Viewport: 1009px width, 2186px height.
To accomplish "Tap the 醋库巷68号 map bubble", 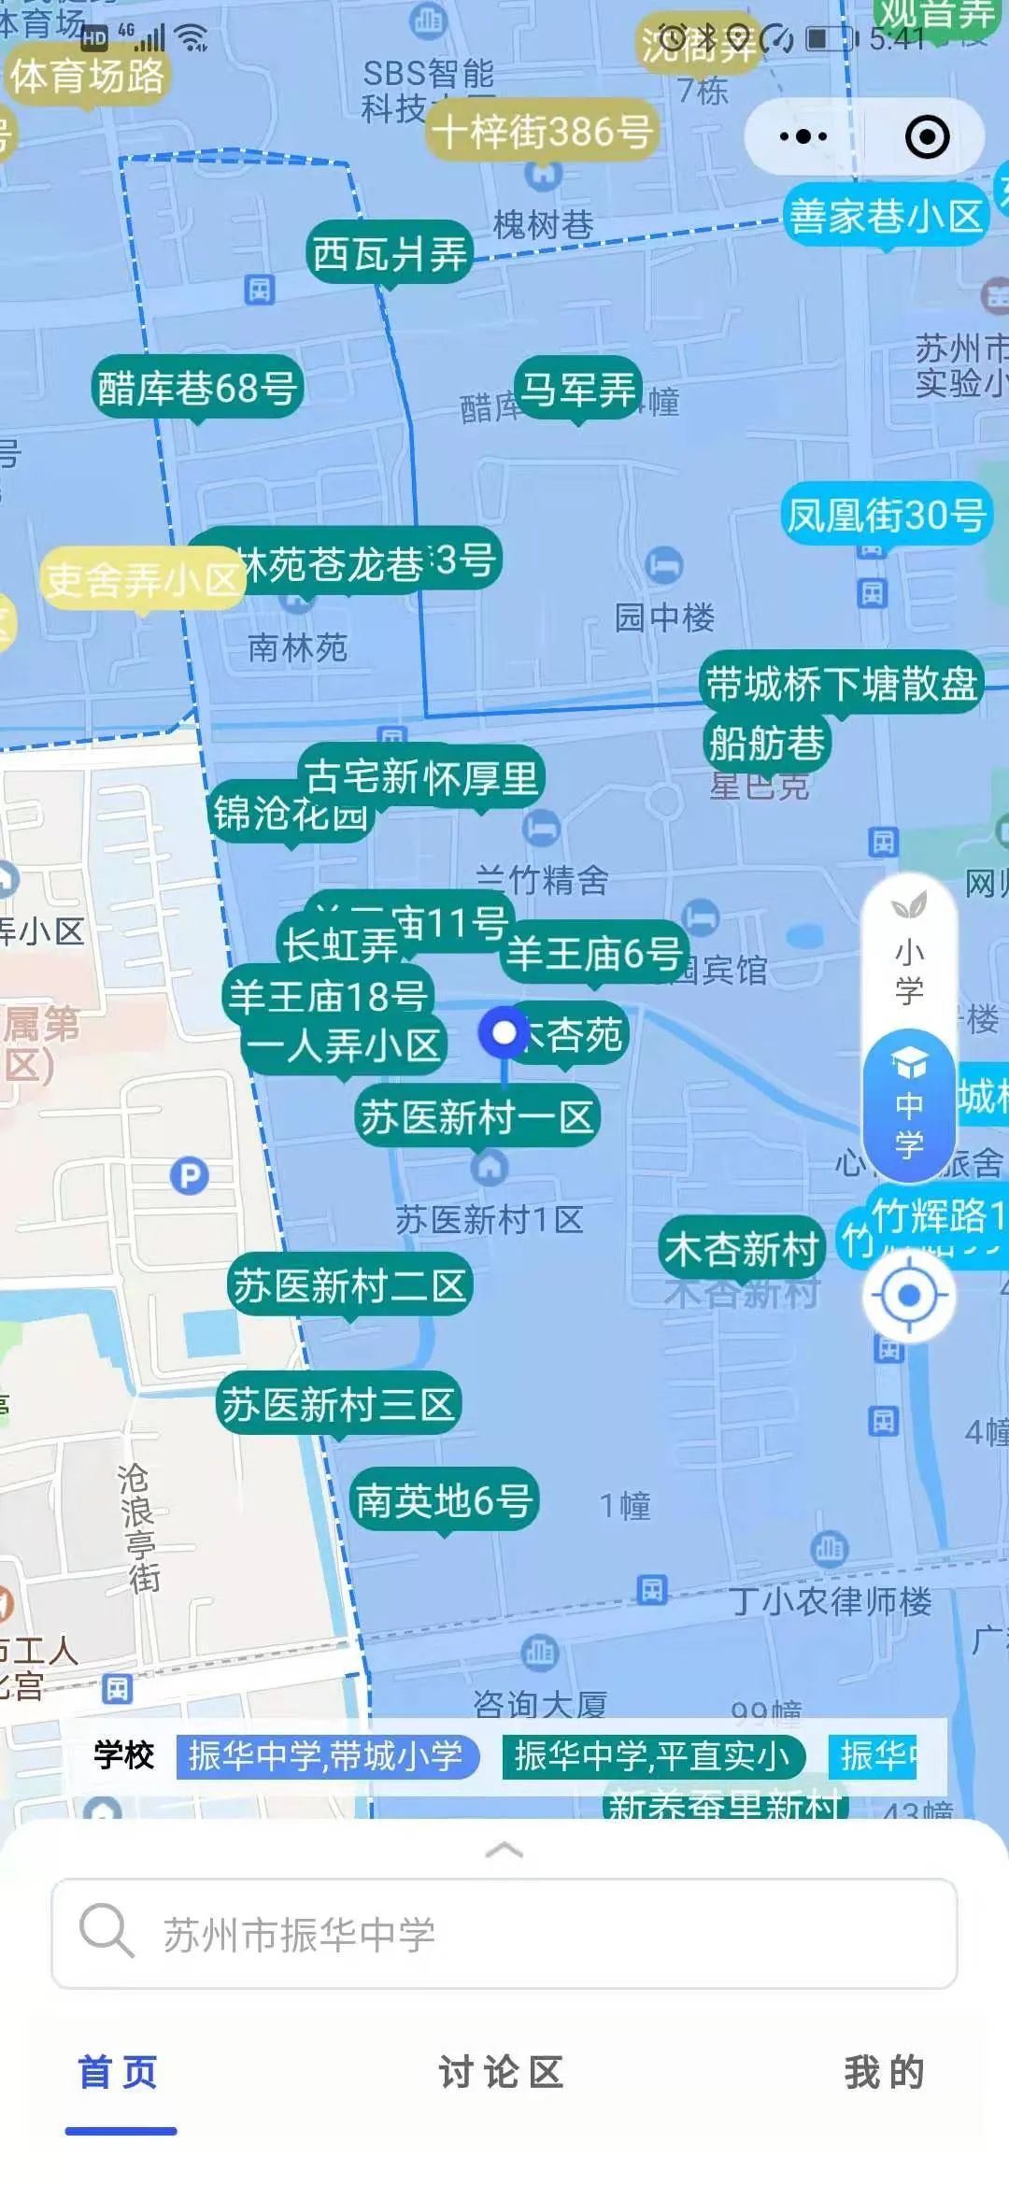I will coord(197,388).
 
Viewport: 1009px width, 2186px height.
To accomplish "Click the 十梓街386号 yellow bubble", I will coord(542,131).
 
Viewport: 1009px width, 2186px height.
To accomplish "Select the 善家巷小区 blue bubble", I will coord(885,217).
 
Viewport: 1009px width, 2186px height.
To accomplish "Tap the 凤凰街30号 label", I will coord(886,514).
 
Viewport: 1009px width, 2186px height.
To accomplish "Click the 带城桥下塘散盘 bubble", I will coord(841,684).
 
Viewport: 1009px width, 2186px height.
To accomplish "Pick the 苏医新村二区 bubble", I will coord(349,1285).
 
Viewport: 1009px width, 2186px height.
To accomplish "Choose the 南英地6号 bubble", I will coord(444,1500).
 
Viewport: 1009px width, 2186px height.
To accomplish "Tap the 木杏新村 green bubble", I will coord(742,1249).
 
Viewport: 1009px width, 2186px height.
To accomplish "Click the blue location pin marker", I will coord(504,1033).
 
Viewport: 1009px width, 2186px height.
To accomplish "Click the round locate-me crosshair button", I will coord(908,1297).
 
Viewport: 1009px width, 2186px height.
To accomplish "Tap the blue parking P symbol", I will coord(190,1175).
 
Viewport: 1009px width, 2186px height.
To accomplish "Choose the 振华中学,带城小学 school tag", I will coord(326,1756).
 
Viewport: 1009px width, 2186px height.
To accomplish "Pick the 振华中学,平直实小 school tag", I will coord(652,1756).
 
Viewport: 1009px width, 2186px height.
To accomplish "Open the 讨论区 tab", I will coord(502,2072).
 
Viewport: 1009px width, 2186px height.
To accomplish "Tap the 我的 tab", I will coord(884,2072).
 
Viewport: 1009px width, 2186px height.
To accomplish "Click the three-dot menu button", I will coord(803,136).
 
